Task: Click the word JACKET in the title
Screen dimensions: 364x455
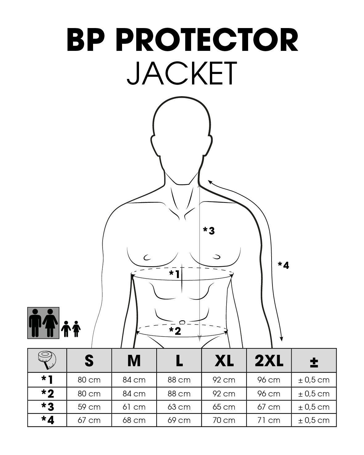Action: (x=182, y=73)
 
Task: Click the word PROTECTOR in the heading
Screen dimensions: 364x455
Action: (x=207, y=40)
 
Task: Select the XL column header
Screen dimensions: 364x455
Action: (x=224, y=361)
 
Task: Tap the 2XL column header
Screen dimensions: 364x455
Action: (x=269, y=361)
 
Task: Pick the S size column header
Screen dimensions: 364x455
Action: (x=89, y=361)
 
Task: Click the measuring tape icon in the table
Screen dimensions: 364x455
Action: (x=47, y=360)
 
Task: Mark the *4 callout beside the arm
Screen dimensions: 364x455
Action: (x=283, y=265)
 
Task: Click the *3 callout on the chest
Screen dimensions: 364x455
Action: (x=209, y=231)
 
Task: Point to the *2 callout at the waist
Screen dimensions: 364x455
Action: (x=175, y=331)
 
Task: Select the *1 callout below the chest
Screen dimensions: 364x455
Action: (x=174, y=274)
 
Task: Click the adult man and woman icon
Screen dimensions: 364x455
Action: (x=43, y=323)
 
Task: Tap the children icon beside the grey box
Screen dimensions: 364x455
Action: (x=71, y=329)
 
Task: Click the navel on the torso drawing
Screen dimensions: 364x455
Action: (x=182, y=322)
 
